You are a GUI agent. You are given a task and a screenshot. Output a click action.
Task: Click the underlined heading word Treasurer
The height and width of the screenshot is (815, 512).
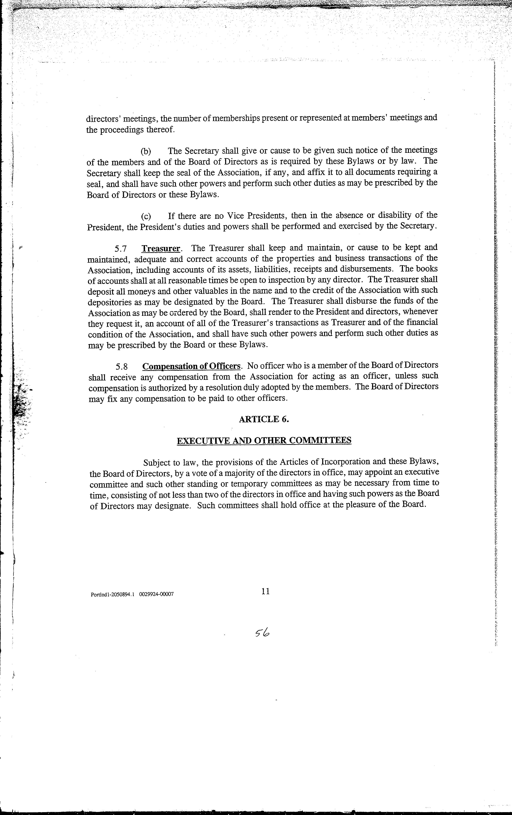click(161, 248)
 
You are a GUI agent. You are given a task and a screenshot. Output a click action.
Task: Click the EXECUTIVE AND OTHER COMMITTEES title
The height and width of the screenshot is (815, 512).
click(264, 440)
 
